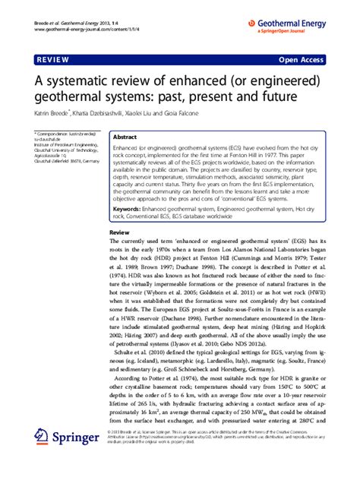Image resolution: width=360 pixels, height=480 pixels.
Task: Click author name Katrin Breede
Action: (x=50, y=113)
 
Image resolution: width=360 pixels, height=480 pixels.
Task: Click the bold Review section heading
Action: (x=119, y=210)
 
